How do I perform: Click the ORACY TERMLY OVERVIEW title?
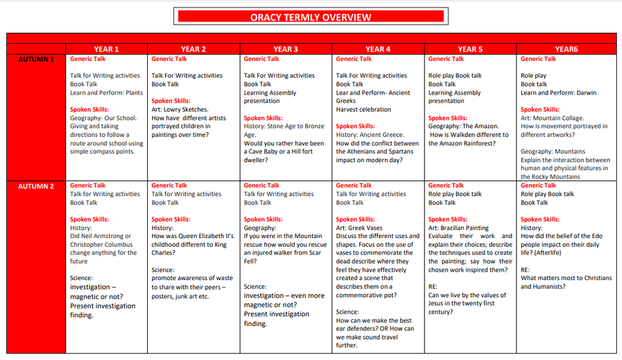click(310, 17)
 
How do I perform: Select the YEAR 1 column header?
click(106, 49)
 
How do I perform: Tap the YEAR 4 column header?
click(378, 49)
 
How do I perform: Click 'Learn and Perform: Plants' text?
click(107, 93)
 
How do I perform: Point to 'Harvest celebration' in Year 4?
click(364, 109)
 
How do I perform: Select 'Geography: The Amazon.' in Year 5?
click(463, 126)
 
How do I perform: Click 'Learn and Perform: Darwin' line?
click(559, 93)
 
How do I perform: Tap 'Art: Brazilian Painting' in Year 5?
click(458, 228)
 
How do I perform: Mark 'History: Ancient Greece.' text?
click(370, 135)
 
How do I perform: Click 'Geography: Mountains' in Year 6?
click(553, 152)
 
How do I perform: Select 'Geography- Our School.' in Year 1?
click(103, 118)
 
